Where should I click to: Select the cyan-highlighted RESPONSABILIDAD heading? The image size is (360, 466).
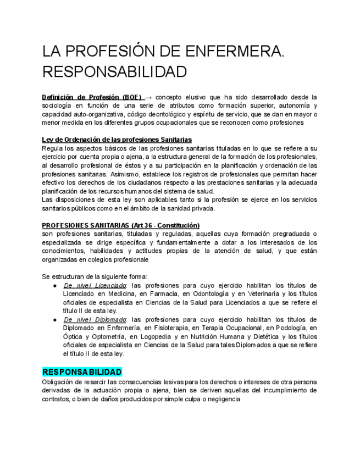pos(82,372)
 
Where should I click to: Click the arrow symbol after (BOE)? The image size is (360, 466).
pos(148,97)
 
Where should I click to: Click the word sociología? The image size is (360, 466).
pos(58,106)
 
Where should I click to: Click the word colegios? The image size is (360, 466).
pos(113,259)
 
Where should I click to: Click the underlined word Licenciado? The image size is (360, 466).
pos(110,286)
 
